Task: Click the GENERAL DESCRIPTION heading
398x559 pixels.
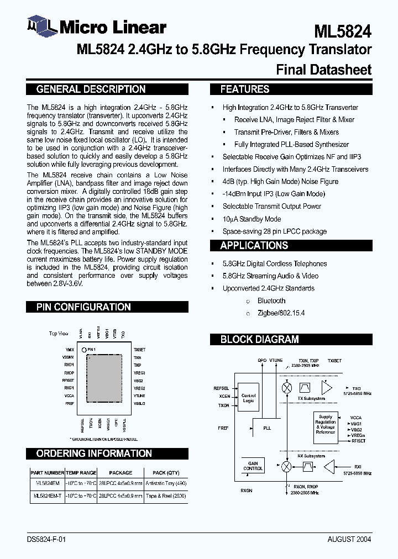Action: pos(91,89)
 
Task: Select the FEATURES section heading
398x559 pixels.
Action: pos(244,89)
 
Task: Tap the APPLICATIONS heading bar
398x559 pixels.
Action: pos(254,246)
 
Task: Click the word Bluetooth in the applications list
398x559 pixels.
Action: pos(271,300)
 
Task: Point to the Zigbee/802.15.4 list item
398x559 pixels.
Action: pos(281,313)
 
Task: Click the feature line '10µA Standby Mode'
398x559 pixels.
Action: pos(252,219)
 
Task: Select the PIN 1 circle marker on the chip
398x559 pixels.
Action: pos(84,350)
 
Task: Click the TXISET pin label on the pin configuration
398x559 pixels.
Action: pos(139,350)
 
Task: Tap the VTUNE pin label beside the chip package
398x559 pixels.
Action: pos(139,395)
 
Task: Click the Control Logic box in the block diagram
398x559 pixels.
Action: pos(249,397)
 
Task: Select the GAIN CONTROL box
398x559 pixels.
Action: pos(253,466)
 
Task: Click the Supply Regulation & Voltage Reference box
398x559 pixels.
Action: pos(326,424)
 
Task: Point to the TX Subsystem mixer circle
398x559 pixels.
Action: pos(286,388)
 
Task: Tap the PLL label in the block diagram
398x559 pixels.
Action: pos(267,428)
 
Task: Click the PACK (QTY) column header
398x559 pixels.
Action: pos(166,473)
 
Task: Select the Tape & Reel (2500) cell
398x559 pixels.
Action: pos(166,496)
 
